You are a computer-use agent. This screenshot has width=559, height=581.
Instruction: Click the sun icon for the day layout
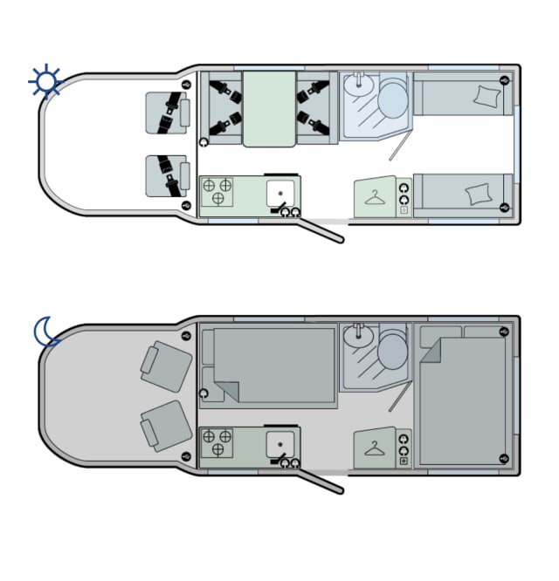coord(45,82)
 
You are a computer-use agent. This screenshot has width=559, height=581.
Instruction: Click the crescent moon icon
coord(45,332)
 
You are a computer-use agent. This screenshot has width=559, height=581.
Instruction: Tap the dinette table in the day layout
coord(270,108)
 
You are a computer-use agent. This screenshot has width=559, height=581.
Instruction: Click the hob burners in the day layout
coord(217,191)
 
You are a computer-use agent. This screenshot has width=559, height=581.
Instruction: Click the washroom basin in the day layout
coord(356,85)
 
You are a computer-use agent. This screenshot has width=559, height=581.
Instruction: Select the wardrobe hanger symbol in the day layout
coord(376,198)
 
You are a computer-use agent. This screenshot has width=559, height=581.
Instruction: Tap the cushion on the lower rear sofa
coord(478,194)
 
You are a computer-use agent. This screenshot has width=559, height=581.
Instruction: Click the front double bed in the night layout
coord(273,366)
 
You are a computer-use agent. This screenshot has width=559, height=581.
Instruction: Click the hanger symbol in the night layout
coord(376,449)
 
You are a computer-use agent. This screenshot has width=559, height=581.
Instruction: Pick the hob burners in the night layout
coord(217,442)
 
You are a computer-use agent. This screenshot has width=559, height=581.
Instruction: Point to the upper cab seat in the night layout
coord(167,365)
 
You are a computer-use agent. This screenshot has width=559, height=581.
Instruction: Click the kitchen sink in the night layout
coord(279,443)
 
